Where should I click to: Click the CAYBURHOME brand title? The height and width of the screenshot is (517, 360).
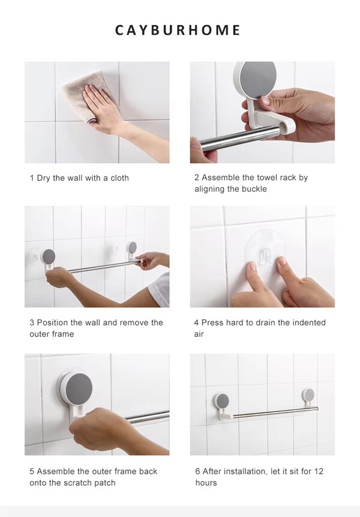[x=178, y=30]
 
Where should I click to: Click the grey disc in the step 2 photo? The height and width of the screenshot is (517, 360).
[x=257, y=79]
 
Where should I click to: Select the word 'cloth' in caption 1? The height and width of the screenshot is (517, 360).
[x=119, y=178]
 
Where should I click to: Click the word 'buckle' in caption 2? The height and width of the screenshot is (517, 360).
[x=254, y=189]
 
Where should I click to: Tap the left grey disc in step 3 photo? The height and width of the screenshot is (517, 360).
[x=49, y=256]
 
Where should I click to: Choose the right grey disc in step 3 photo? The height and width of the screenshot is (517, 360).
[x=133, y=247]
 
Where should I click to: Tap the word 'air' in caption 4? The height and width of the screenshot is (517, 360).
[x=199, y=334]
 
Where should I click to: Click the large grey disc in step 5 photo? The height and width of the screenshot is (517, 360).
[x=79, y=388]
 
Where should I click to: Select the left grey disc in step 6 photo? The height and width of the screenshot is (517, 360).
[x=223, y=401]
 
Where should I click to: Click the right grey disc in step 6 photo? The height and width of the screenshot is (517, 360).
[x=309, y=394]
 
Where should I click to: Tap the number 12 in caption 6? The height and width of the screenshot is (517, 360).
[x=319, y=471]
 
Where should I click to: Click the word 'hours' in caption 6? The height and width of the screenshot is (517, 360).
[x=206, y=483]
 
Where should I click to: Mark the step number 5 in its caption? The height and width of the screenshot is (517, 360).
[x=32, y=471]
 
